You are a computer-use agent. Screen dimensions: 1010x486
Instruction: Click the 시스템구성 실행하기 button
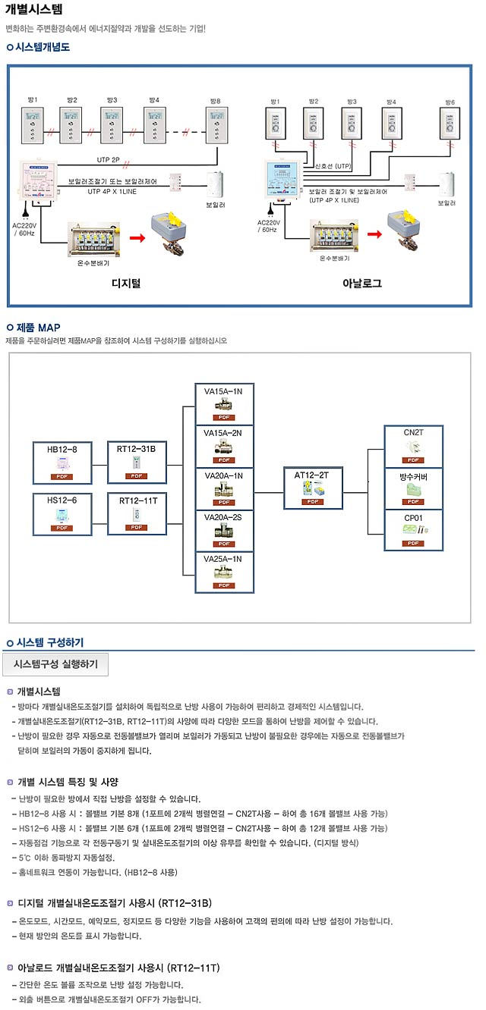point(56,664)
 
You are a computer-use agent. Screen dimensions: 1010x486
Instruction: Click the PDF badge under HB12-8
point(62,476)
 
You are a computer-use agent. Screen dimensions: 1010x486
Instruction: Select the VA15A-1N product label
point(223,391)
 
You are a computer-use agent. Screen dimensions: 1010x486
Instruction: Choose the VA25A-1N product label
point(223,559)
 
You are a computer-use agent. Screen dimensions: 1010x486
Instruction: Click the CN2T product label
point(413,432)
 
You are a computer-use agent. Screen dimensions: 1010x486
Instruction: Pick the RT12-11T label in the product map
point(137,500)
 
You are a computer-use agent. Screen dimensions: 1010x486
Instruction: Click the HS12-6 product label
point(62,500)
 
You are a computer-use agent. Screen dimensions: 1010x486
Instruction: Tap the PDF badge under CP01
point(413,543)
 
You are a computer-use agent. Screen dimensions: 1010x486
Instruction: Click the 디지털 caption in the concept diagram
point(126,284)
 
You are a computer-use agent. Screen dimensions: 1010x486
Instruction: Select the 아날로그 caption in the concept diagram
point(362,284)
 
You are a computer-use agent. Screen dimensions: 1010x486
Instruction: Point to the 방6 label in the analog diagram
point(450,102)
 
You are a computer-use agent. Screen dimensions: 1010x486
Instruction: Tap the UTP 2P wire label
point(109,160)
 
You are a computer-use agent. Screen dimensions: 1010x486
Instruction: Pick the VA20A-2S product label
point(223,516)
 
